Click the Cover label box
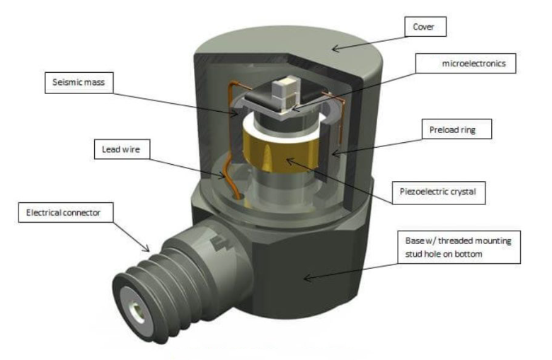[425, 27]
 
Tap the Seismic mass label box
[79, 83]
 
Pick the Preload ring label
[456, 129]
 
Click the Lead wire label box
[122, 149]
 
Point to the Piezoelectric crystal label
[438, 192]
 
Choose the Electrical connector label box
[66, 212]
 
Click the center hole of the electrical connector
[138, 312]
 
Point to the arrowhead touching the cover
[335, 48]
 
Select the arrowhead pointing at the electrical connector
[146, 248]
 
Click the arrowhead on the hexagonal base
[307, 278]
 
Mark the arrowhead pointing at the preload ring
[335, 153]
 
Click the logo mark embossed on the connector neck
[217, 243]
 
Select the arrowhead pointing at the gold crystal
[289, 161]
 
